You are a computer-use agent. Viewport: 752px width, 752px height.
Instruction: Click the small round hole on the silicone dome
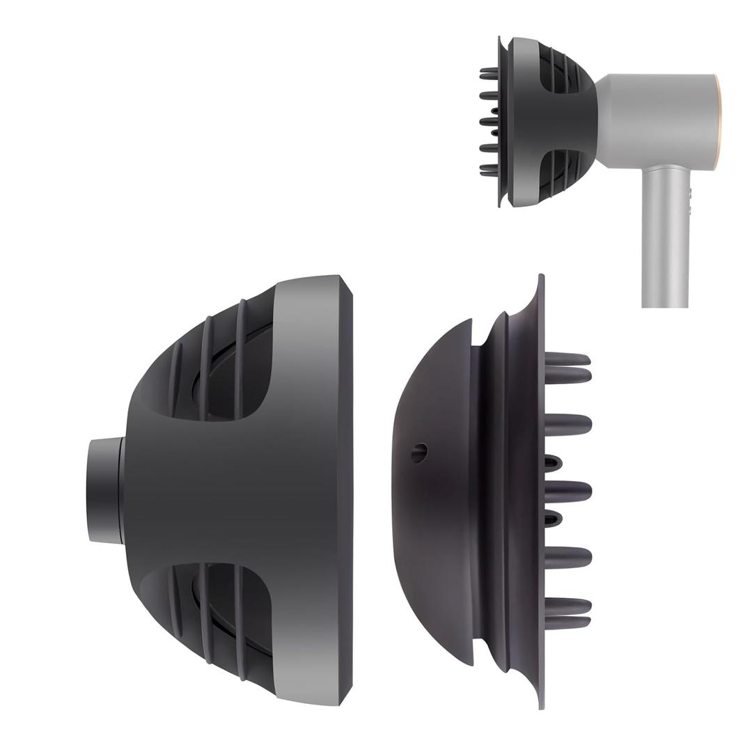(418, 453)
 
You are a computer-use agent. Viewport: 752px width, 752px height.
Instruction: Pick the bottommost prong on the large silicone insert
(567, 622)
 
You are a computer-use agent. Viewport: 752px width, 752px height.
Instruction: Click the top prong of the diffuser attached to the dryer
(489, 70)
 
